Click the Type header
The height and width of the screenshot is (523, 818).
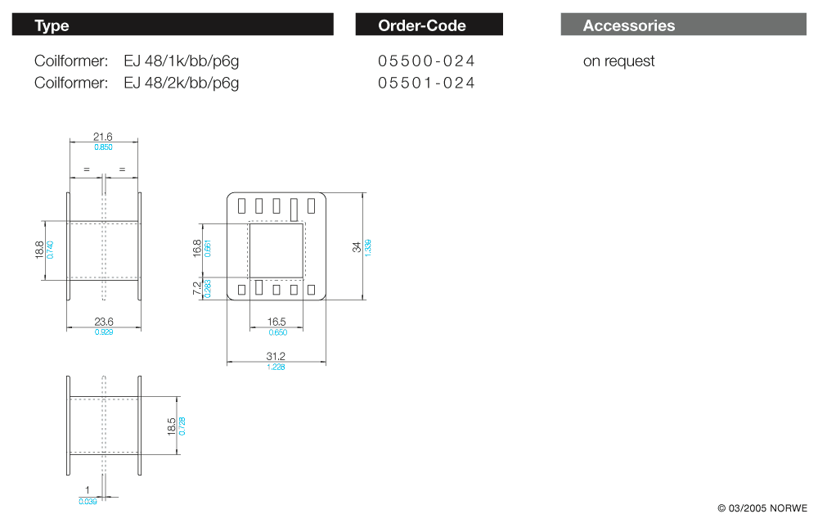[x=52, y=25]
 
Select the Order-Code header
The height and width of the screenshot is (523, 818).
[x=422, y=25]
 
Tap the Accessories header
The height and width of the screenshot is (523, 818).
[x=629, y=25]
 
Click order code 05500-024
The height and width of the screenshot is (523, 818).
[x=426, y=61]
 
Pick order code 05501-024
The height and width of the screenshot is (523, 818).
[x=426, y=83]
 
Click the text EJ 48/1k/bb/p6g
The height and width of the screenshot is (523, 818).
[x=182, y=61]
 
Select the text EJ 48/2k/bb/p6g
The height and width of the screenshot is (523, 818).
[x=182, y=83]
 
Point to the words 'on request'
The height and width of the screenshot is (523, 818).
[x=618, y=61]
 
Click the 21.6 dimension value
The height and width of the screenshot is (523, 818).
[x=103, y=137]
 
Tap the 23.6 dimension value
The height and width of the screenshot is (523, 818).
[x=103, y=322]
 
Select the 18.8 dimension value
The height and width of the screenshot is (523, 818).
[x=39, y=250]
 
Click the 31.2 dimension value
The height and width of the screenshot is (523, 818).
[x=276, y=356]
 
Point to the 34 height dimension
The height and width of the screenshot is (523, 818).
[x=357, y=246]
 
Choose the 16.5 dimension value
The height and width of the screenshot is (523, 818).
[x=276, y=322]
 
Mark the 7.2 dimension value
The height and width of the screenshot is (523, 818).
[x=196, y=288]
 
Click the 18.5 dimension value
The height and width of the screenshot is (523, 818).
[x=171, y=426]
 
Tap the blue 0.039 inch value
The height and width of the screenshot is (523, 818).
[x=88, y=501]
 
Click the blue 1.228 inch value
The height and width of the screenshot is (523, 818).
[x=276, y=367]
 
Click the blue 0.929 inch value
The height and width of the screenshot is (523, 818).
[x=103, y=332]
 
